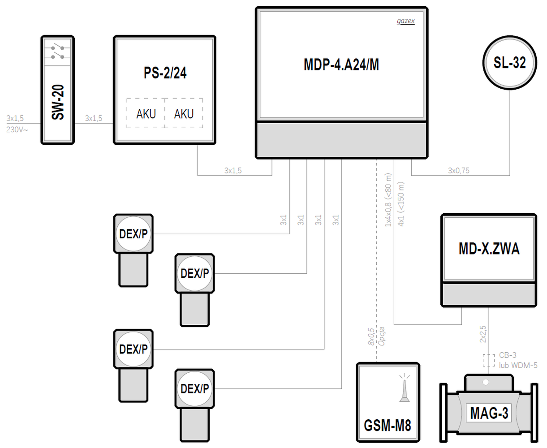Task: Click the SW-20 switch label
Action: click(58, 103)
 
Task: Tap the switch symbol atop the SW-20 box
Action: click(58, 52)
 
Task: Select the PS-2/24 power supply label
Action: click(165, 73)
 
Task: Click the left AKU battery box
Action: click(146, 114)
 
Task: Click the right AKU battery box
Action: click(184, 114)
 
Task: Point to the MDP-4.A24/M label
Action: click(341, 65)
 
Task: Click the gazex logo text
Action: click(405, 21)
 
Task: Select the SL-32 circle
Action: click(509, 63)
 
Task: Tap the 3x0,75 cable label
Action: click(459, 171)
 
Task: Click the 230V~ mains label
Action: click(17, 129)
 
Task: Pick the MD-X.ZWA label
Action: click(489, 249)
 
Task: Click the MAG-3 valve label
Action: click(489, 413)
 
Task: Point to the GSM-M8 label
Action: click(387, 425)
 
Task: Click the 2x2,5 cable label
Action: click(483, 334)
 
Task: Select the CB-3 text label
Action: click(508, 355)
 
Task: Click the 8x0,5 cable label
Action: click(371, 336)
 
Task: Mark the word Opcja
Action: click(382, 336)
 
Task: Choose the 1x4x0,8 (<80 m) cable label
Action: click(388, 199)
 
